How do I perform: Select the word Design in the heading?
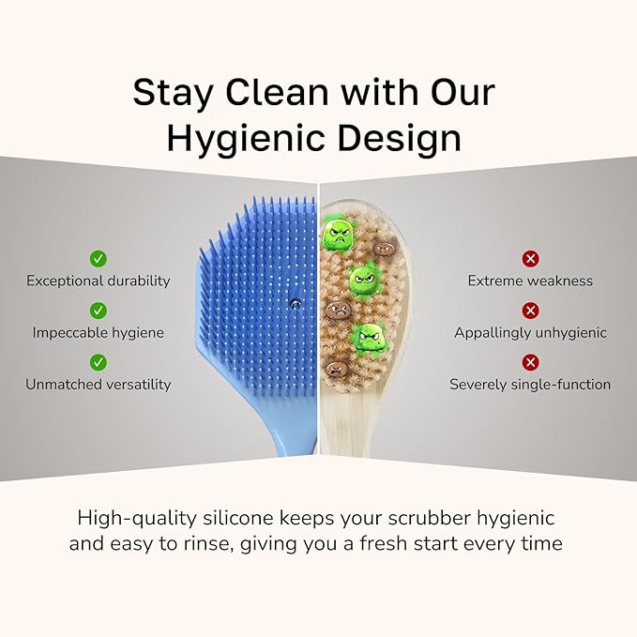click(405, 138)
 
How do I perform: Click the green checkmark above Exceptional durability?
click(99, 258)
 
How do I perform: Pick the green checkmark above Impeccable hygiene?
click(99, 310)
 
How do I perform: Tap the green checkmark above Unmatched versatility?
click(99, 361)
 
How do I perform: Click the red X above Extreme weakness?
click(530, 258)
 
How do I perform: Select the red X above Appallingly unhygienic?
click(530, 310)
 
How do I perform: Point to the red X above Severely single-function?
click(530, 361)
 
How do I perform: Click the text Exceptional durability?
click(99, 281)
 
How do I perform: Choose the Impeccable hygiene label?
click(99, 332)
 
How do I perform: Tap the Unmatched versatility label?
click(99, 384)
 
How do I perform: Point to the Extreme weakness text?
click(530, 281)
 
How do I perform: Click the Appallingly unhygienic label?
click(530, 332)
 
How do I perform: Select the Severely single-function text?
click(530, 384)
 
